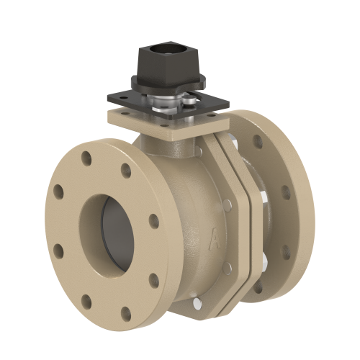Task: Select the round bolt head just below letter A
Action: pyautogui.click(x=228, y=268)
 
